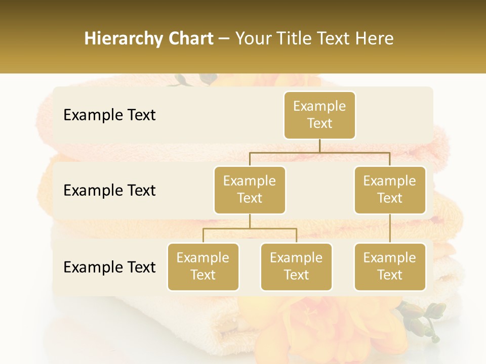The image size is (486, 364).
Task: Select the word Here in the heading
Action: pos(374,38)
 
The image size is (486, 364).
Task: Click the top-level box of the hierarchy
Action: pos(319,115)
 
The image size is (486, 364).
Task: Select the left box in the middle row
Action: pos(250,190)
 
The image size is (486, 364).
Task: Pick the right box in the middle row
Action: pos(390,190)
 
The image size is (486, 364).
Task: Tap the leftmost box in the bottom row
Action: pos(203,266)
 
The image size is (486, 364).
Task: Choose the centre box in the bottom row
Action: pos(296,266)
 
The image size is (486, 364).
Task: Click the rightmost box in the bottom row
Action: pos(390,266)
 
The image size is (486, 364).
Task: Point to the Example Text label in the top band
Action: pos(109,115)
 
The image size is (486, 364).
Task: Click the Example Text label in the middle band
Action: pos(109,190)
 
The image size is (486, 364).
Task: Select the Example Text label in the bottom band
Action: pos(109,267)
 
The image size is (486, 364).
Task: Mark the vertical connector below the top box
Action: pos(319,146)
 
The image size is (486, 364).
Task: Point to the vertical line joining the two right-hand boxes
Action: pos(390,229)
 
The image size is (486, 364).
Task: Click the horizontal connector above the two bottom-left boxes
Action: pos(250,229)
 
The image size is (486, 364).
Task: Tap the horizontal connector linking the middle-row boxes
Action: pos(319,152)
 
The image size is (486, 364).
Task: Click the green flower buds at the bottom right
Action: pos(423,316)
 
